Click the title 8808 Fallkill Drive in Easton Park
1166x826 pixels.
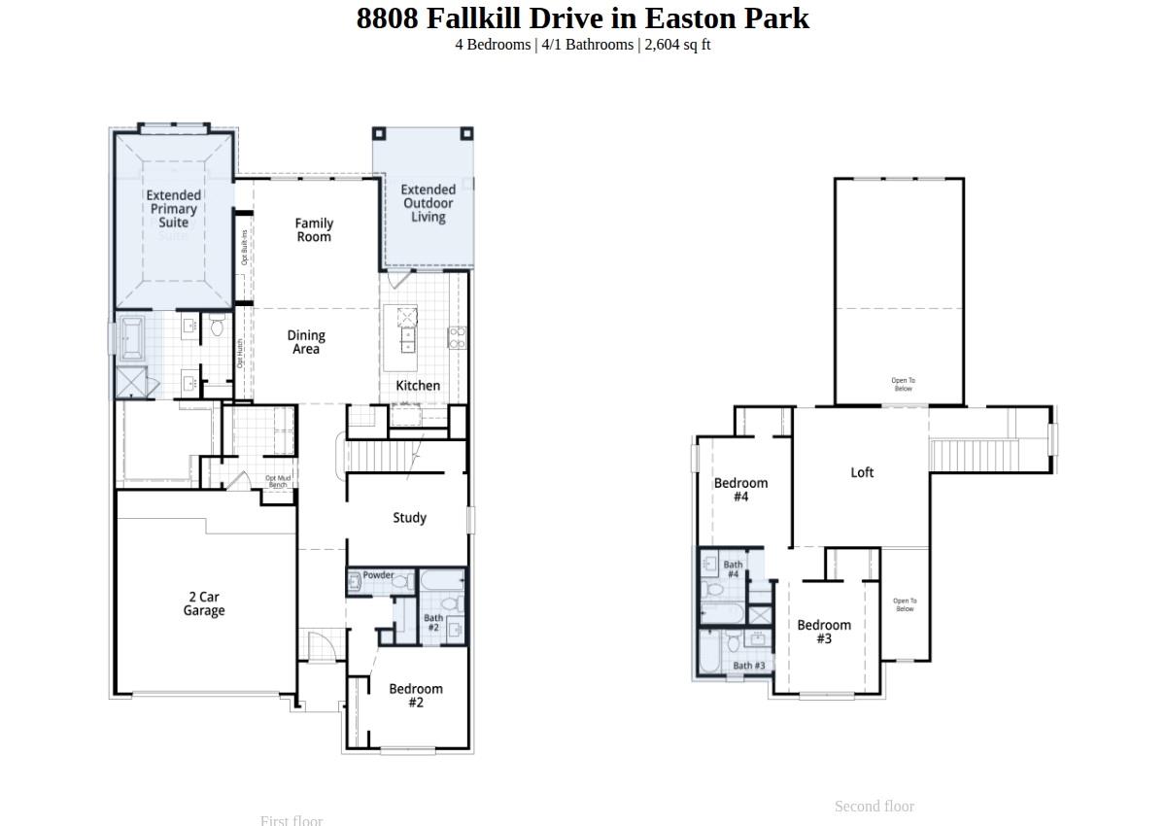pyautogui.click(x=582, y=18)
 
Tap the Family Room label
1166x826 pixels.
pyautogui.click(x=314, y=230)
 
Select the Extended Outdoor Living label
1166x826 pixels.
pyautogui.click(x=428, y=203)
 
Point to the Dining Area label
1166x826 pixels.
pyautogui.click(x=306, y=342)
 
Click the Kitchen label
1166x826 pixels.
pyautogui.click(x=418, y=386)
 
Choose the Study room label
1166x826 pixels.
pyautogui.click(x=409, y=518)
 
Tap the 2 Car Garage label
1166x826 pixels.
pyautogui.click(x=204, y=603)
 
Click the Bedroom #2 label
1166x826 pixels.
pyautogui.click(x=416, y=695)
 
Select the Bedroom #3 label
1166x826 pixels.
pyautogui.click(x=824, y=632)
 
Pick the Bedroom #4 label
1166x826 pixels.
pyautogui.click(x=740, y=490)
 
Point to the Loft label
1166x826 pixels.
pyautogui.click(x=862, y=472)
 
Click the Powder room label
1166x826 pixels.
pyautogui.click(x=378, y=575)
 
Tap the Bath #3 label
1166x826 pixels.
pyautogui.click(x=748, y=666)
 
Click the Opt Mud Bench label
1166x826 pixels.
pyautogui.click(x=278, y=481)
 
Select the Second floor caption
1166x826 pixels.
pyautogui.click(x=874, y=807)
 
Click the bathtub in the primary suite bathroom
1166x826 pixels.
pyautogui.click(x=130, y=338)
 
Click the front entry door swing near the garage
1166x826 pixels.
pyautogui.click(x=318, y=646)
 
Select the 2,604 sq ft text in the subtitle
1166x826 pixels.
pyautogui.click(x=677, y=45)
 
